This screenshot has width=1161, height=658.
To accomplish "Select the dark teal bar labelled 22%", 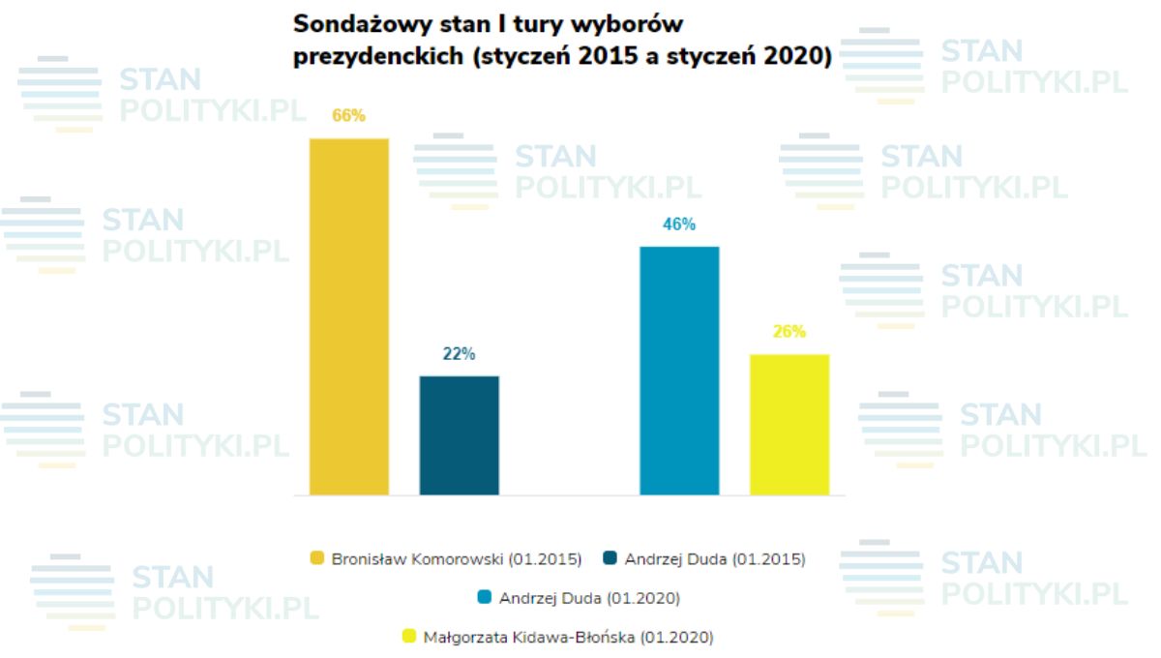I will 459,435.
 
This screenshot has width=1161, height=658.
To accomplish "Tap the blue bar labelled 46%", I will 679,371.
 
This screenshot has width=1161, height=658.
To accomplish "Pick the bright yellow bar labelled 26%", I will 789,425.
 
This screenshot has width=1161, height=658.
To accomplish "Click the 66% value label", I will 348,116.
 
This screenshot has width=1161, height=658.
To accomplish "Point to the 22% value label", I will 459,354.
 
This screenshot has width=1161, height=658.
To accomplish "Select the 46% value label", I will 679,224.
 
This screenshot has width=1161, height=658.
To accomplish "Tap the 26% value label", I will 789,332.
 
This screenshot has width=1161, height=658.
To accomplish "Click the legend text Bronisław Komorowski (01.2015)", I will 457,559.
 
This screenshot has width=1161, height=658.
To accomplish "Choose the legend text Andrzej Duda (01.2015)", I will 715,559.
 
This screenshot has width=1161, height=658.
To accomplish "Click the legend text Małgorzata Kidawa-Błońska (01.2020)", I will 569,638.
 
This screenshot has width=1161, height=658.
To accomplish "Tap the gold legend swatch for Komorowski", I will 316,558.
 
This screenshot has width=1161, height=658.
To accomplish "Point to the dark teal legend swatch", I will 610,558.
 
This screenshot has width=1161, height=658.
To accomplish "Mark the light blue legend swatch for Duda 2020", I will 485,598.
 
